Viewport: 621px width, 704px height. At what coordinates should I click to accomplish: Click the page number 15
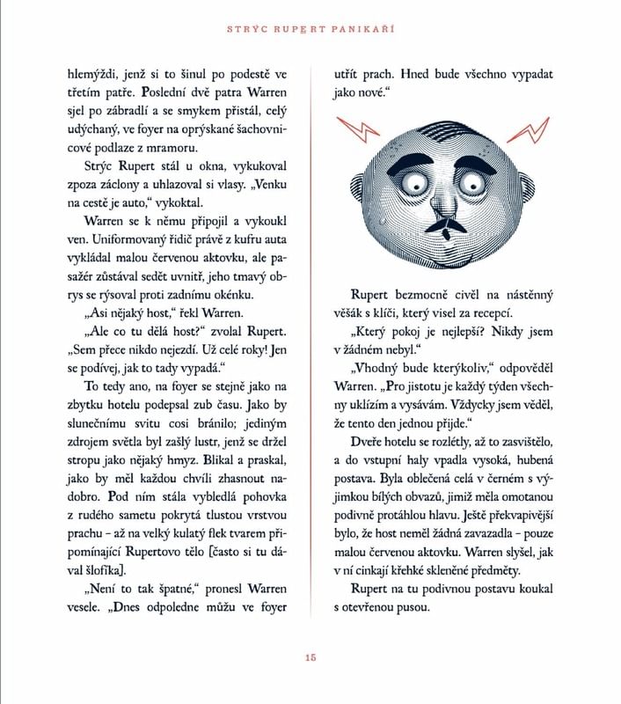click(x=310, y=656)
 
